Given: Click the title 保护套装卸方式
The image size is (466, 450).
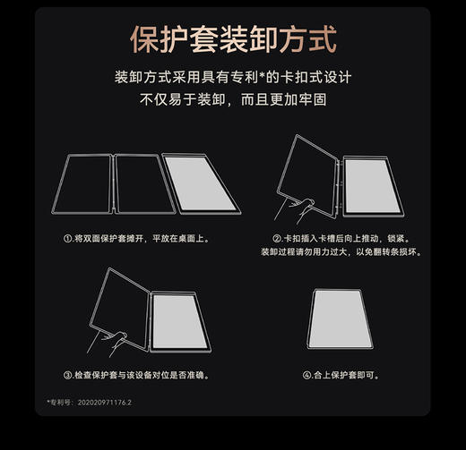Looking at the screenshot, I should tap(233, 40).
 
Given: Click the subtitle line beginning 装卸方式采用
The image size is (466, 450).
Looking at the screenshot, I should tap(233, 79).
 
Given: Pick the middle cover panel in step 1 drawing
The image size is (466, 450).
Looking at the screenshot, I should tap(141, 185).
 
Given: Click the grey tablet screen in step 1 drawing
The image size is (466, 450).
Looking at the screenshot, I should tap(204, 185).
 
